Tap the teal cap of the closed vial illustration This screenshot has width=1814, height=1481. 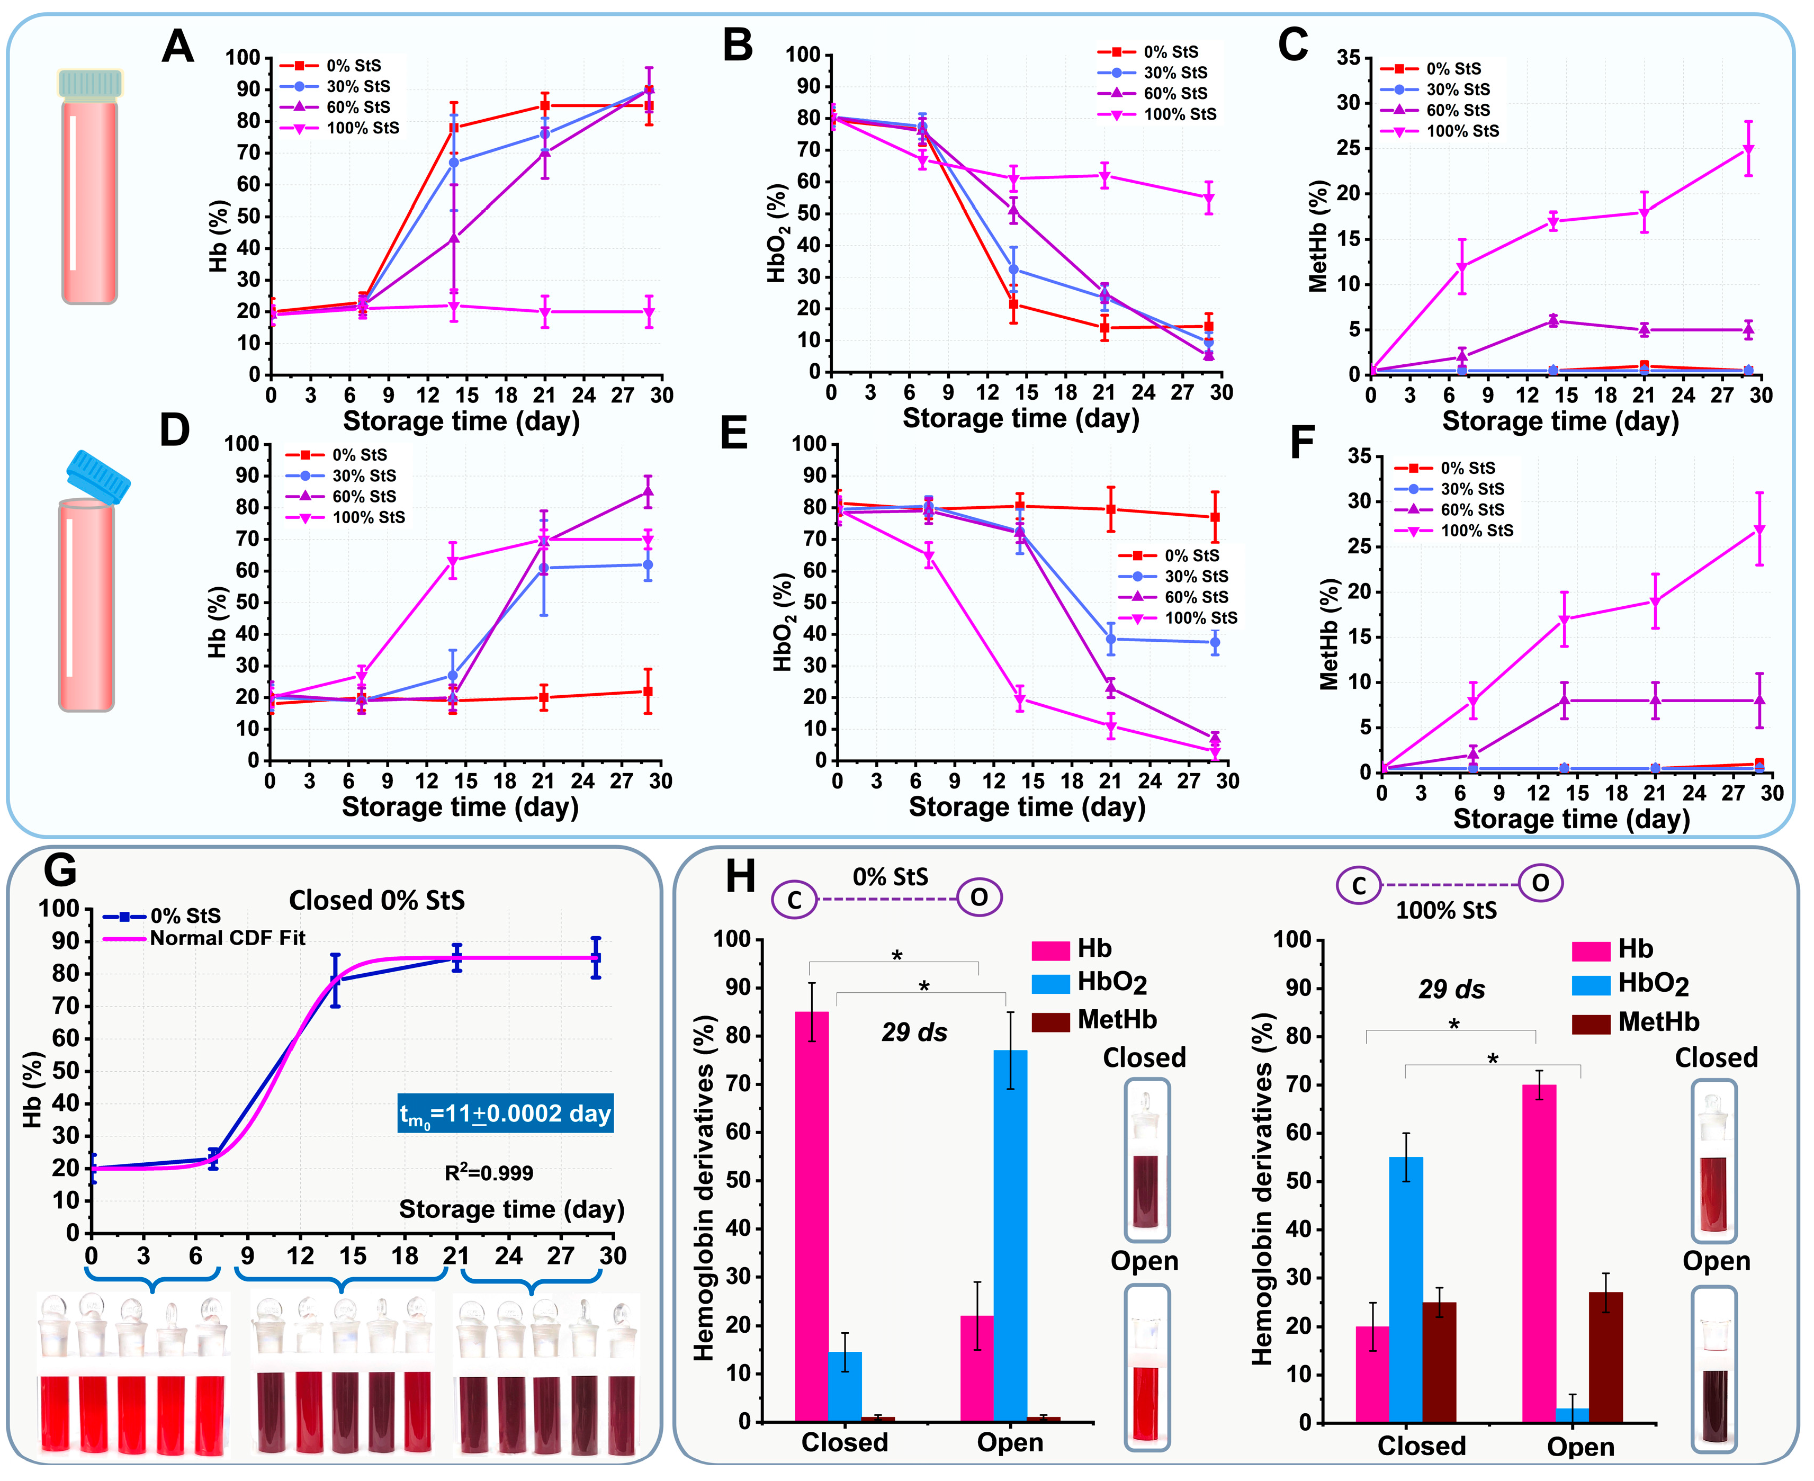(91, 83)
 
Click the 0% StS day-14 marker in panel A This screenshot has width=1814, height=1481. (454, 128)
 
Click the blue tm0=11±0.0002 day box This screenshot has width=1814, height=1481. (505, 1114)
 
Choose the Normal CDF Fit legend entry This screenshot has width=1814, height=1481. (227, 938)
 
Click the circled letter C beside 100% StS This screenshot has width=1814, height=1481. (1359, 885)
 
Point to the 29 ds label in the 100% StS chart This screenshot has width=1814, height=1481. (1451, 990)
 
